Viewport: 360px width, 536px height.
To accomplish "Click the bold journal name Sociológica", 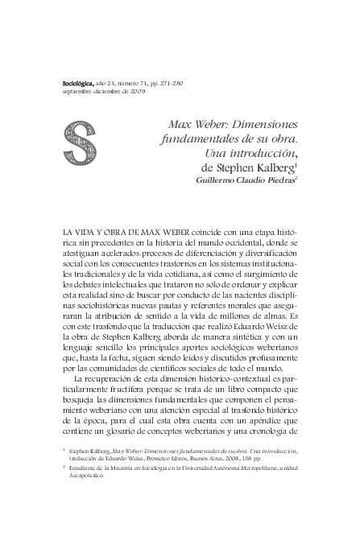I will tap(78, 83).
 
